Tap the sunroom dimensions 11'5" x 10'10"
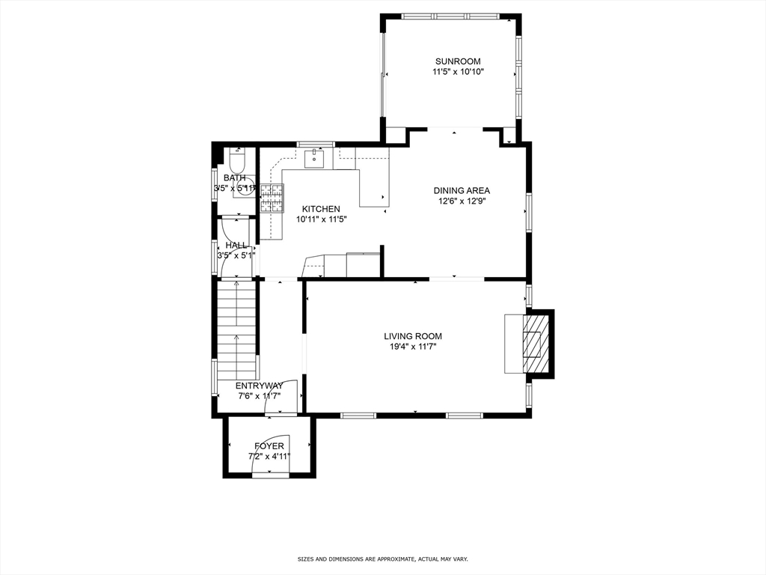coord(458,73)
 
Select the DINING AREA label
coord(462,190)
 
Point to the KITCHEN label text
coord(321,209)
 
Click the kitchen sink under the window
coord(315,159)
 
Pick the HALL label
coord(236,245)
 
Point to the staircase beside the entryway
coord(236,329)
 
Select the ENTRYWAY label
coord(259,386)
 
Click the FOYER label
coord(269,446)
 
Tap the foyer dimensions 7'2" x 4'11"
coord(269,456)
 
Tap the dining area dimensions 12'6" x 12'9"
coord(462,201)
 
